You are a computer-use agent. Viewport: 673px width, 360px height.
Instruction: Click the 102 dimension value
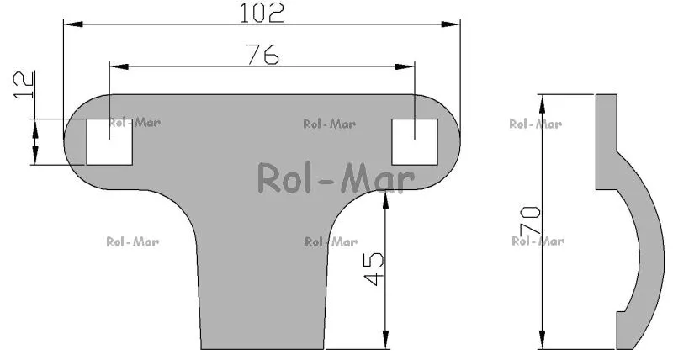coord(262,13)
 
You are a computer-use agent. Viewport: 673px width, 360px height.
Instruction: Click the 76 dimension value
coord(262,55)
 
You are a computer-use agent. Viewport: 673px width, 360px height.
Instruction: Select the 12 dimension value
coord(24,85)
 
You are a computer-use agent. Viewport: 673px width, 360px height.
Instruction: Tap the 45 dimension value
coord(374,269)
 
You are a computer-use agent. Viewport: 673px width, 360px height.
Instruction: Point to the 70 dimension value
coord(530,220)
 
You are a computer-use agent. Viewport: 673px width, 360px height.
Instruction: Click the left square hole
coord(109,142)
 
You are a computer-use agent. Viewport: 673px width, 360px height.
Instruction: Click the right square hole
coord(415,142)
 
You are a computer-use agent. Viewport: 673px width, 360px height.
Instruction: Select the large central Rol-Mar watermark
coord(336,178)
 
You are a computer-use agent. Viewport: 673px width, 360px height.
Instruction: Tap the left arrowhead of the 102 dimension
coord(73,24)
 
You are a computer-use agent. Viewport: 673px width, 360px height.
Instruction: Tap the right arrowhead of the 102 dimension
coord(451,24)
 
